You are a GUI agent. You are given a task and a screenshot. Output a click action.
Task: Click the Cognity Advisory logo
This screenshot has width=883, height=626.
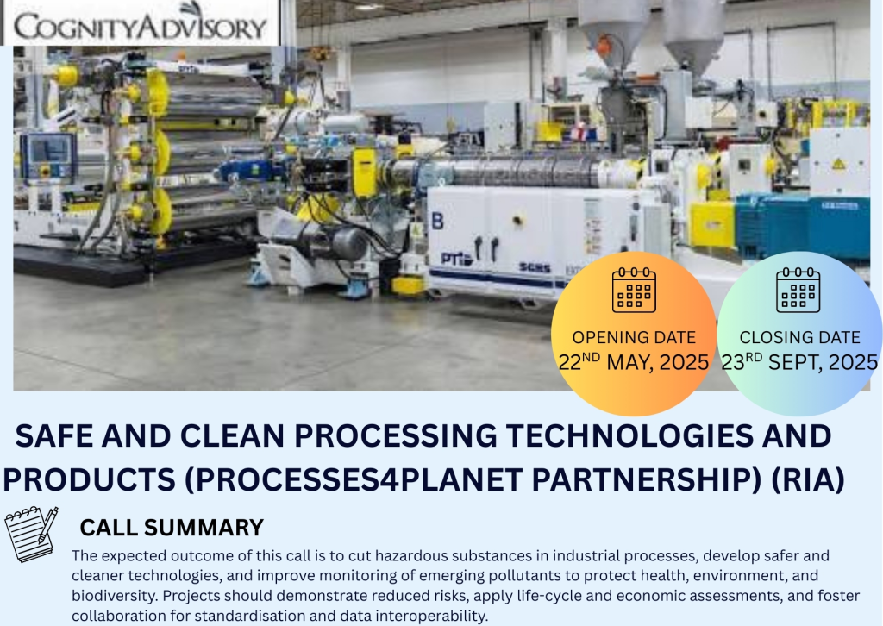(x=141, y=22)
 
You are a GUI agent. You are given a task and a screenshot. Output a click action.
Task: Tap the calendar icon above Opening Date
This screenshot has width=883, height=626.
(x=634, y=290)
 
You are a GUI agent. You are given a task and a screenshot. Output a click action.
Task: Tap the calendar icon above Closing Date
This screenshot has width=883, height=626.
(x=798, y=290)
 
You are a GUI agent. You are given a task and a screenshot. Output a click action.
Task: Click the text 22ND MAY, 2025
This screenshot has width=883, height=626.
(x=634, y=362)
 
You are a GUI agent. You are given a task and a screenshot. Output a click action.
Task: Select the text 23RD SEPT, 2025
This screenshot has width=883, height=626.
(x=799, y=362)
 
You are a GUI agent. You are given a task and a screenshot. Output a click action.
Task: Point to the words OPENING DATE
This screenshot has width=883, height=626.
(x=634, y=337)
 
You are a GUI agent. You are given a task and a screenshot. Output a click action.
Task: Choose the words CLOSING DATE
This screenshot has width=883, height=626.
(x=799, y=337)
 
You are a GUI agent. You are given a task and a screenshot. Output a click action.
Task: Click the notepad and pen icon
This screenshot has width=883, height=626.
(x=32, y=535)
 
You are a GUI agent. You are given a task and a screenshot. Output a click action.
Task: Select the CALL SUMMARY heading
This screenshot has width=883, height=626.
(x=172, y=528)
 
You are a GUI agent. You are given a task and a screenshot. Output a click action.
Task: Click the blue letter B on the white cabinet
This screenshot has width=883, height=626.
(x=437, y=221)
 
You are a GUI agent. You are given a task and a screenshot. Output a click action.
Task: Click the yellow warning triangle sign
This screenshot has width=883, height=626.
(x=839, y=165)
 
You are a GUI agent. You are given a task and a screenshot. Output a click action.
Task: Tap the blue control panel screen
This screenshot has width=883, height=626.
(x=48, y=150)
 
